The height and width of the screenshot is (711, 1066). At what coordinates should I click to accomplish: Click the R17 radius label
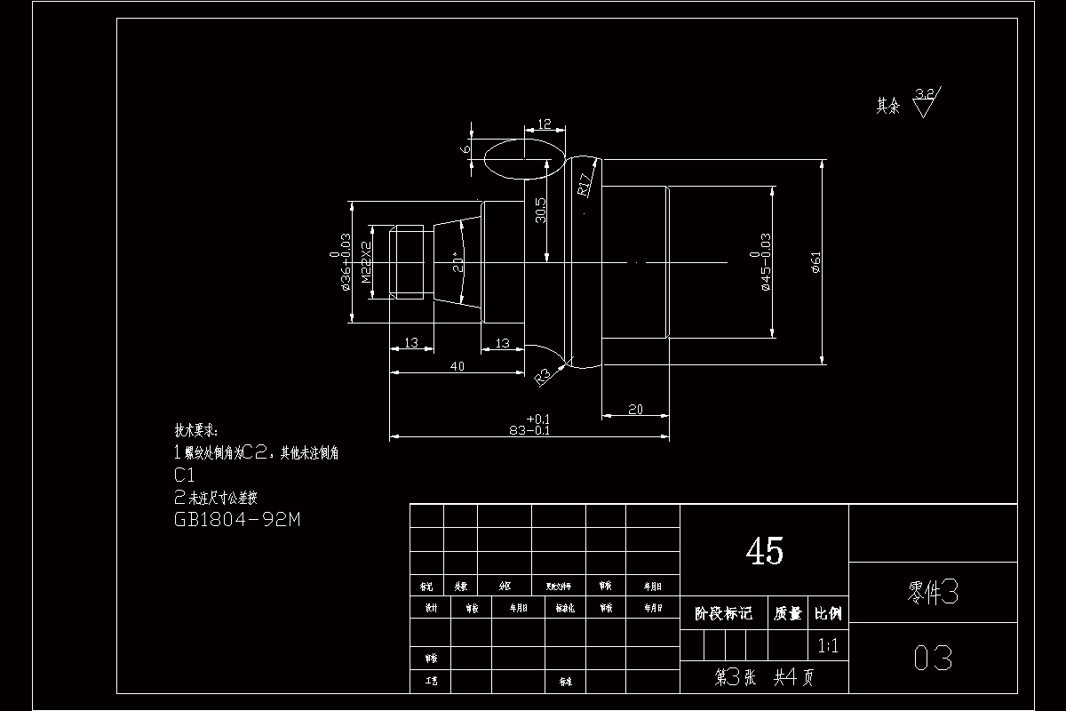(585, 183)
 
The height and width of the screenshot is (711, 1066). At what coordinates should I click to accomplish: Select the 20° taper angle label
(457, 260)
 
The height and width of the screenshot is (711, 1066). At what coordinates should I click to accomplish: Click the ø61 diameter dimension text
(816, 261)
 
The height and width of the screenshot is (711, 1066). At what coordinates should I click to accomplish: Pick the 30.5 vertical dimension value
(540, 212)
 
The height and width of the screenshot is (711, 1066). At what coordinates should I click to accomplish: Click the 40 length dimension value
(457, 366)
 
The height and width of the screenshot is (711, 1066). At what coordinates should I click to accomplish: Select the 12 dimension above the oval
(545, 124)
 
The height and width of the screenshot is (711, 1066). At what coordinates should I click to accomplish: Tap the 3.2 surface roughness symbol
(924, 100)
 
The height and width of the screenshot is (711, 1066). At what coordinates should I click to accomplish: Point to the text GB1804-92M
(237, 520)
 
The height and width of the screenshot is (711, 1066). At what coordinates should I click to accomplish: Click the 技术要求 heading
(195, 430)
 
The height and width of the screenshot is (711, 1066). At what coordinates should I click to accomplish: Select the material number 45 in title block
(764, 552)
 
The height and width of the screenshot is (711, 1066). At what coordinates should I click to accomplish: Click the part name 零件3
(932, 593)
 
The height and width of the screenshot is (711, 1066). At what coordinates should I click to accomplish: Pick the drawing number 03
(933, 659)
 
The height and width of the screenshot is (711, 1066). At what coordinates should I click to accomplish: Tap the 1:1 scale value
(827, 646)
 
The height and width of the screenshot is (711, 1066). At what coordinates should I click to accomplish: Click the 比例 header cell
(828, 613)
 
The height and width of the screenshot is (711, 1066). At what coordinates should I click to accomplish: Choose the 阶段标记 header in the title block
(723, 613)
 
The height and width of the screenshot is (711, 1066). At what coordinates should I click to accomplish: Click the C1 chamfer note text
(186, 475)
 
